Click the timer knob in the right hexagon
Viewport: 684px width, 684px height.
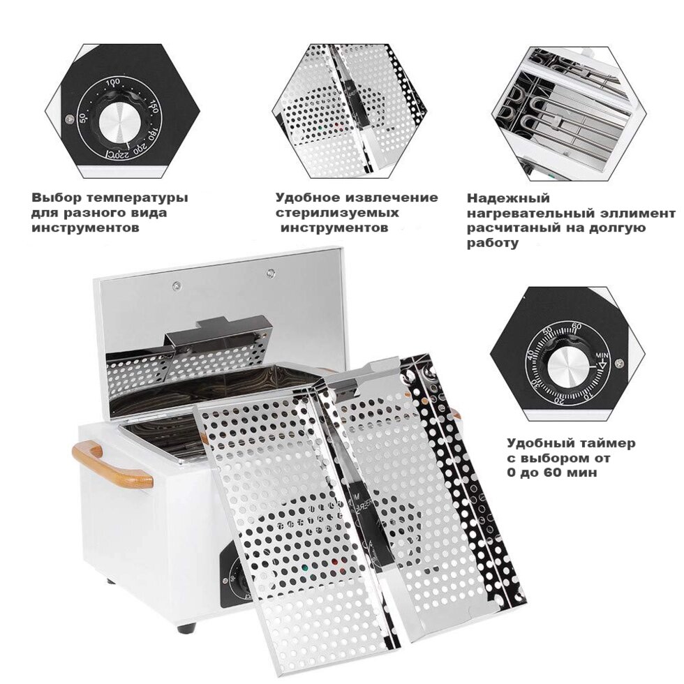pos(565,366)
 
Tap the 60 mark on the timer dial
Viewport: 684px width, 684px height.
pos(576,326)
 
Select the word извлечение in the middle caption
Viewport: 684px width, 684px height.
pos(392,198)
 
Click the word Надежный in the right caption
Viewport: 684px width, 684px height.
pos(508,199)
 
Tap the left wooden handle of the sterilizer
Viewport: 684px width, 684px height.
pos(112,463)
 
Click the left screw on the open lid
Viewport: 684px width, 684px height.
pos(177,285)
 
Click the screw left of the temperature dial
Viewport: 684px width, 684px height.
pos(68,118)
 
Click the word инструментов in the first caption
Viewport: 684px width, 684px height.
pos(85,228)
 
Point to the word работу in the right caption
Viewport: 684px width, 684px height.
pos(493,244)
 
